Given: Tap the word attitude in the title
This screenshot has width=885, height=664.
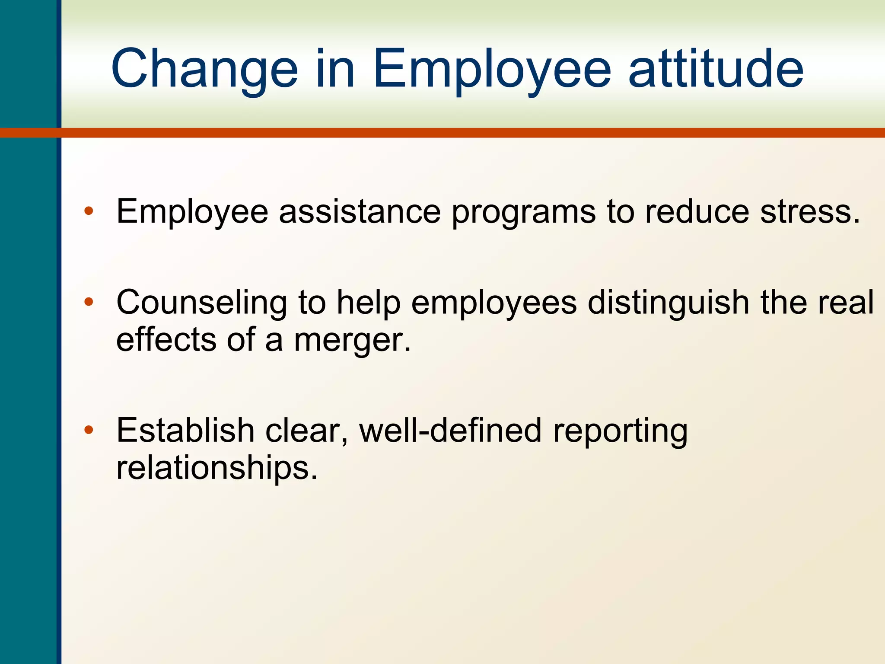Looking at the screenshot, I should [x=716, y=69].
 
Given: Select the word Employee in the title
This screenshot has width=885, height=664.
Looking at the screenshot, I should [x=491, y=69].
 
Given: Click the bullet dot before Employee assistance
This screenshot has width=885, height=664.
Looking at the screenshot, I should [x=89, y=211].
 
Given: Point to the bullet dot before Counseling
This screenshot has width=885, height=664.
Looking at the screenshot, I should [x=89, y=302].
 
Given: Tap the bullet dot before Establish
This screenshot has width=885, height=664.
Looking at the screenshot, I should [x=89, y=430].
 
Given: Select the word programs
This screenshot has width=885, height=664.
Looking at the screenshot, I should [x=523, y=213].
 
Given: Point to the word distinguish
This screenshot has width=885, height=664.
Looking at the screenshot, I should [x=668, y=303].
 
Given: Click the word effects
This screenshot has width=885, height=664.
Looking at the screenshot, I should [x=166, y=339].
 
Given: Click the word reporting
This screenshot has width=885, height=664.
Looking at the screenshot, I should [x=620, y=431].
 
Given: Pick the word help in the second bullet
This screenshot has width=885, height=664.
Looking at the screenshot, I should [x=368, y=303].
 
